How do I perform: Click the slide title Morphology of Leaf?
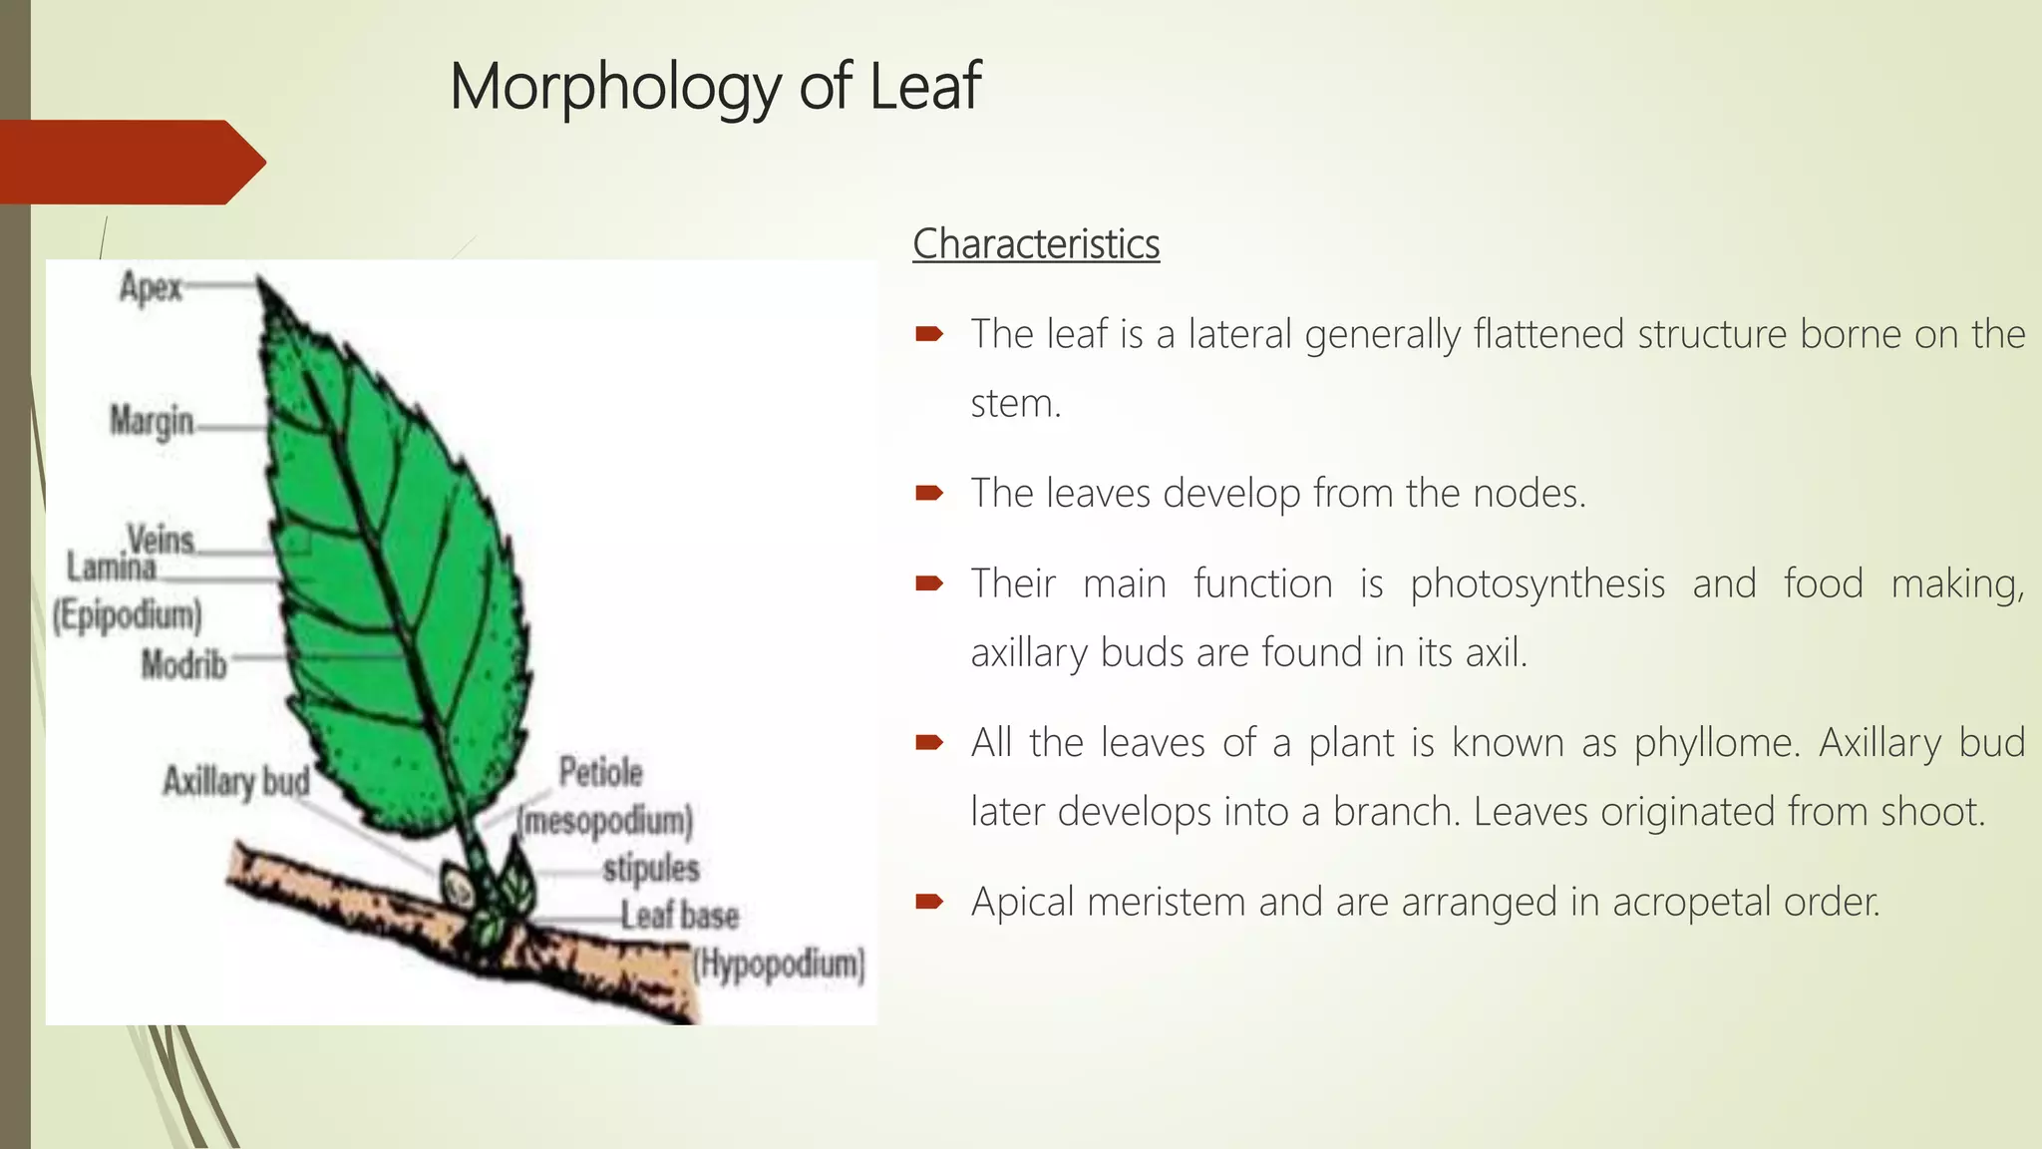pyautogui.click(x=715, y=87)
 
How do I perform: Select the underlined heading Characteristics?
pyautogui.click(x=1036, y=244)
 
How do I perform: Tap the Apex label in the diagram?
pyautogui.click(x=151, y=288)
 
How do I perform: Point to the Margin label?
pyautogui.click(x=152, y=421)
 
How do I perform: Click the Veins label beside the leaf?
pyautogui.click(x=161, y=540)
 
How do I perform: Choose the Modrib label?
pyautogui.click(x=183, y=664)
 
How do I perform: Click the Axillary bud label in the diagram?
pyautogui.click(x=236, y=781)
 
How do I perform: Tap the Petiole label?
pyautogui.click(x=600, y=772)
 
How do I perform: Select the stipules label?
pyautogui.click(x=651, y=868)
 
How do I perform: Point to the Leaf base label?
pyautogui.click(x=680, y=916)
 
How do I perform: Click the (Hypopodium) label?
pyautogui.click(x=780, y=964)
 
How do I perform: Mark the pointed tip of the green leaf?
pyautogui.click(x=259, y=280)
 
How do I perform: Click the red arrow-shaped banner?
pyautogui.click(x=130, y=162)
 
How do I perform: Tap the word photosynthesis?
pyautogui.click(x=1536, y=584)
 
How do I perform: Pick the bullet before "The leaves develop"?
pyautogui.click(x=928, y=493)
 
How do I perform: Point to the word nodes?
pyautogui.click(x=1529, y=493)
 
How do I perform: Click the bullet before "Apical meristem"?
pyautogui.click(x=928, y=902)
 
